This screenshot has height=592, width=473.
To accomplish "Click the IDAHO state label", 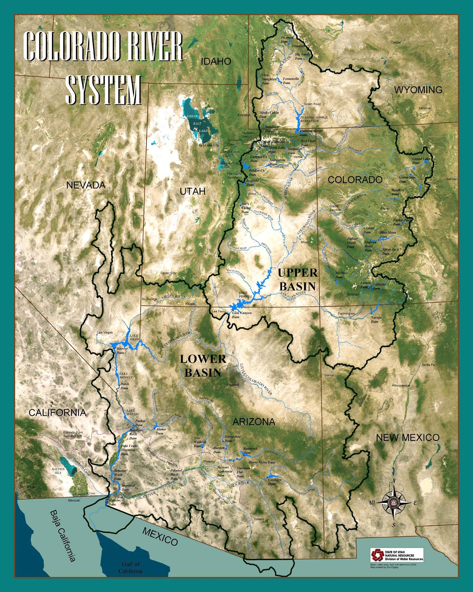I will (216, 61).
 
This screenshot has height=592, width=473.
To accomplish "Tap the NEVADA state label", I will (86, 185).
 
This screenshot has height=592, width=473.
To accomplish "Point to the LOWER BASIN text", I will (203, 366).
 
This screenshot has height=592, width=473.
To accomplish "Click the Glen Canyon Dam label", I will (242, 315).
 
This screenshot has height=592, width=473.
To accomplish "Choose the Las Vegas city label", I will (105, 333).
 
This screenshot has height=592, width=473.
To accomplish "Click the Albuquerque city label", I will (401, 385).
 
